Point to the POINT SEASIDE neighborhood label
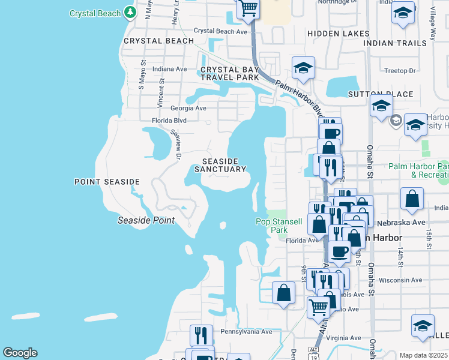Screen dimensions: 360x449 click(x=107, y=181)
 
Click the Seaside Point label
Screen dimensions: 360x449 click(x=146, y=220)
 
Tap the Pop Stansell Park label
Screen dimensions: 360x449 click(x=279, y=226)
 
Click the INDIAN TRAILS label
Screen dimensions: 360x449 click(x=395, y=43)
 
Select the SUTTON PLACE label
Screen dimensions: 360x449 click(x=381, y=94)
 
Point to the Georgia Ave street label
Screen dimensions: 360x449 click(x=188, y=108)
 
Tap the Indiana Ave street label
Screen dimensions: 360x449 click(x=170, y=69)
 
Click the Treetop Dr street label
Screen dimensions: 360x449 click(x=400, y=71)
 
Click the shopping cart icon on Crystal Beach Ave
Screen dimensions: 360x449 click(x=247, y=8)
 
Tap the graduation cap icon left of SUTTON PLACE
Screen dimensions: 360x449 click(x=304, y=68)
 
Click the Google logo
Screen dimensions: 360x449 click(x=20, y=353)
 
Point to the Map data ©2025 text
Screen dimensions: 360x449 click(x=423, y=355)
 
